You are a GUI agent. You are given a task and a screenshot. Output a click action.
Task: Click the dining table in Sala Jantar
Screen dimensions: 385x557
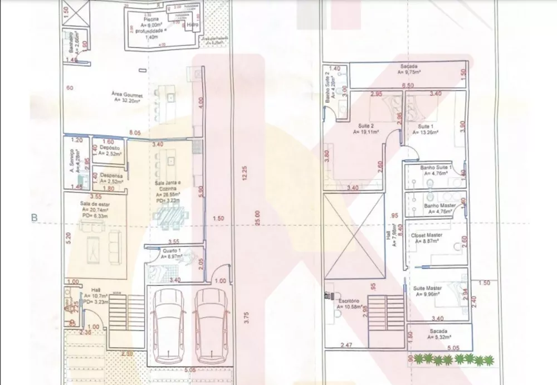(x=170, y=217)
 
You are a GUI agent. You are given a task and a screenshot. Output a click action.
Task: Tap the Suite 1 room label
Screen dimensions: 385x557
(x=428, y=126)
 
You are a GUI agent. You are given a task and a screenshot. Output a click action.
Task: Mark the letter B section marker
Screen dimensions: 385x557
(x=34, y=218)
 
